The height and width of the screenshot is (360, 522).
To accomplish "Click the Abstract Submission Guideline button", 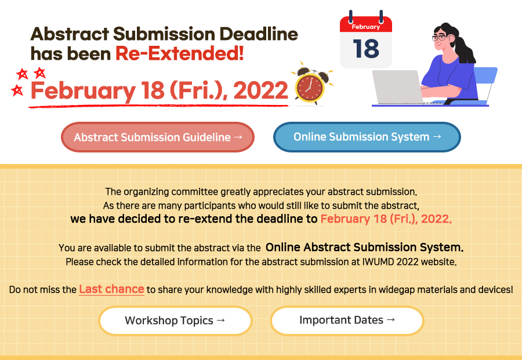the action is pyautogui.click(x=158, y=137).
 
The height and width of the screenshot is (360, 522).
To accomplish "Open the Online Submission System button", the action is pyautogui.click(x=367, y=137).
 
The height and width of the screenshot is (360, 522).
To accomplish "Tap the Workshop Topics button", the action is pyautogui.click(x=175, y=321).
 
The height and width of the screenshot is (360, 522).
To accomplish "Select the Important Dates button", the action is pyautogui.click(x=347, y=320).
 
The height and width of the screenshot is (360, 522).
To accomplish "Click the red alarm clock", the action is pyautogui.click(x=310, y=86).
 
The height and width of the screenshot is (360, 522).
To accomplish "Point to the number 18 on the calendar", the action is pyautogui.click(x=365, y=49).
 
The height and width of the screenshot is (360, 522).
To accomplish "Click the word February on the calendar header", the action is pyautogui.click(x=366, y=27).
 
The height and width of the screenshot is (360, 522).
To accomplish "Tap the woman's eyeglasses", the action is pyautogui.click(x=440, y=38).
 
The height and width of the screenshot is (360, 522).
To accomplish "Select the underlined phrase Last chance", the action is pyautogui.click(x=111, y=289).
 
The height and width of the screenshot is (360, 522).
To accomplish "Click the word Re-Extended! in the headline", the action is pyautogui.click(x=180, y=53).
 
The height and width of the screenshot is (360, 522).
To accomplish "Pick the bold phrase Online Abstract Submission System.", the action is pyautogui.click(x=364, y=247).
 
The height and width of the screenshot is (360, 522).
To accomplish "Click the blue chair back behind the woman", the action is pyautogui.click(x=485, y=80).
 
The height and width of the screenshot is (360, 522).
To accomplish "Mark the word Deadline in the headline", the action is pyautogui.click(x=258, y=34).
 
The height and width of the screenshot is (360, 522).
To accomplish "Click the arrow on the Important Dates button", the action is pyautogui.click(x=391, y=320).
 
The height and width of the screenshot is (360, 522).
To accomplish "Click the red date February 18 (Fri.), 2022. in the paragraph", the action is pyautogui.click(x=386, y=219).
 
